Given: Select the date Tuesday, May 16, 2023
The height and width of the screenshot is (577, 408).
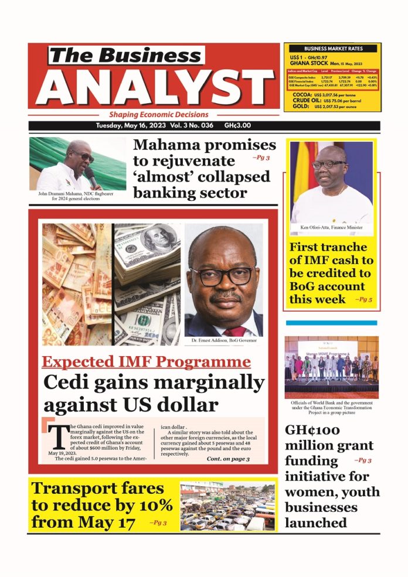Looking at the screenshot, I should click(129, 126).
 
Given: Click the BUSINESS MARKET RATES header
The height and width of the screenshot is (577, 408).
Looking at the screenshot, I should click(333, 48).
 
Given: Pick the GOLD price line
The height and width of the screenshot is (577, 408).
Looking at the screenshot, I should click(333, 107).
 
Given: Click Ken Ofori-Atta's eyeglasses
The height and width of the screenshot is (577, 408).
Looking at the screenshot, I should click(329, 165).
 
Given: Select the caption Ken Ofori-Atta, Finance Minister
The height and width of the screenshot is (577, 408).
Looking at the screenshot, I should click(331, 227).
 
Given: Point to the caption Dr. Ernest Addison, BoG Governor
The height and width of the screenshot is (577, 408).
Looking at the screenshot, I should click(223, 340).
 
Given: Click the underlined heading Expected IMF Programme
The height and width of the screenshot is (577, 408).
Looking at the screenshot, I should click(146, 361).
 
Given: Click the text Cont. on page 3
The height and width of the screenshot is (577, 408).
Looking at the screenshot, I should click(228, 459).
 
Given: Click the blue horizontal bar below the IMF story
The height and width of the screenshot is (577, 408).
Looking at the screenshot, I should click(331, 323).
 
